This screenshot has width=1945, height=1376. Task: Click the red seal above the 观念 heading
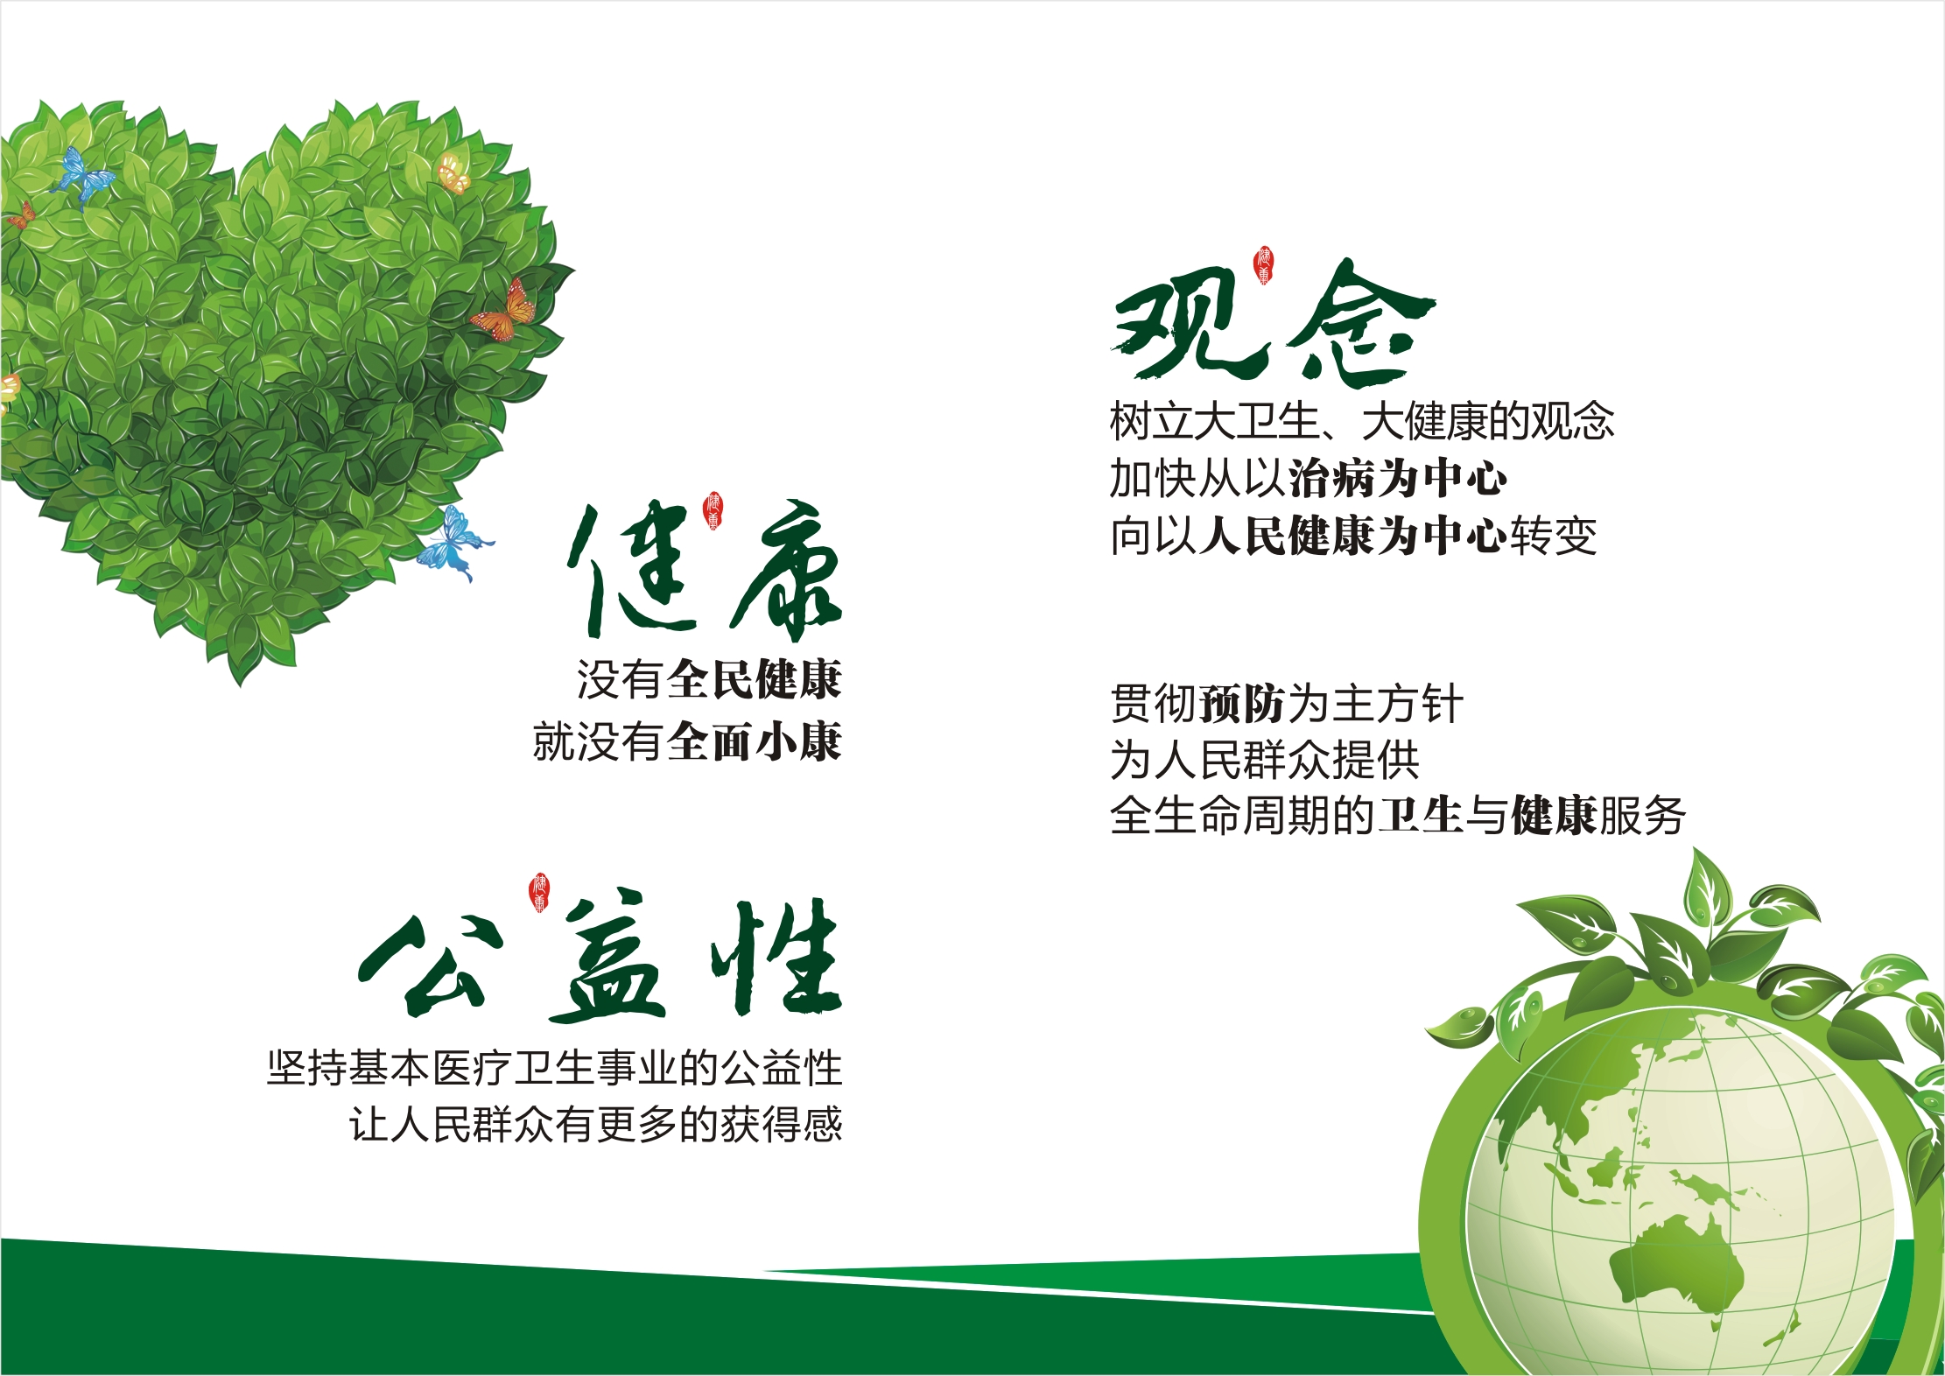[1263, 265]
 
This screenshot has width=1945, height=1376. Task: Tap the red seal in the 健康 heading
[714, 511]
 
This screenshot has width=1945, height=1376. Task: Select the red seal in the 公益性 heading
[539, 893]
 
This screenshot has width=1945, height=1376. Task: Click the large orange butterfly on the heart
[506, 311]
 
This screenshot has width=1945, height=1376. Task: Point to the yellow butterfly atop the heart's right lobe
[453, 173]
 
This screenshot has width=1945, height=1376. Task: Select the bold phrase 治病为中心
[1397, 479]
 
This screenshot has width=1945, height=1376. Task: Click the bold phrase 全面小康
[755, 742]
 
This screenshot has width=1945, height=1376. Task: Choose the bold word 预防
[1242, 705]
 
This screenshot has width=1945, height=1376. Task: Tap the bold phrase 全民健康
[755, 680]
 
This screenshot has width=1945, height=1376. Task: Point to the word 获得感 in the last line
[782, 1125]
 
